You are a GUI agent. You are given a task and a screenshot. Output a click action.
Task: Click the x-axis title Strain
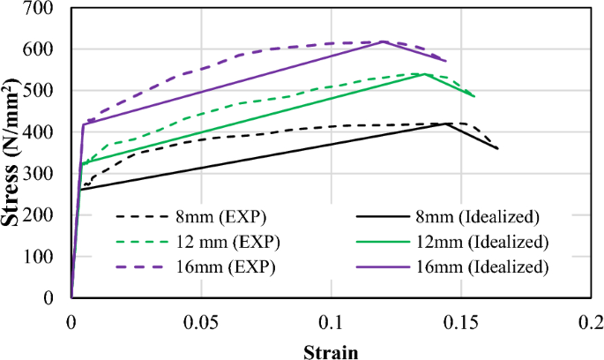pyautogui.click(x=331, y=350)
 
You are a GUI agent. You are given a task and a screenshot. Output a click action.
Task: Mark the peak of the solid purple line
pyautogui.click(x=384, y=41)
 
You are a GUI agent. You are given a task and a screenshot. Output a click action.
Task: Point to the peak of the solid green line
pyautogui.click(x=425, y=74)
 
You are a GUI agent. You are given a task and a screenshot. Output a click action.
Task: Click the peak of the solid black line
pyautogui.click(x=447, y=124)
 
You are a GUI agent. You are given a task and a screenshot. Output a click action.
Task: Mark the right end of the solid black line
pyautogui.click(x=497, y=148)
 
